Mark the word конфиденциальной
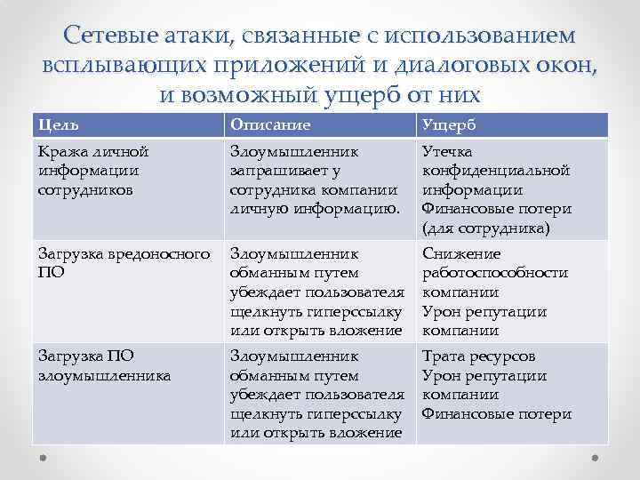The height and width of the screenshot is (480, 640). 495,171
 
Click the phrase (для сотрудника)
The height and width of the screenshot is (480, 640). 486,228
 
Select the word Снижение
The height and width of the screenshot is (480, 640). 461,254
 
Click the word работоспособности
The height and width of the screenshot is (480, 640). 494,274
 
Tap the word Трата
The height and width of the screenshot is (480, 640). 444,356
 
